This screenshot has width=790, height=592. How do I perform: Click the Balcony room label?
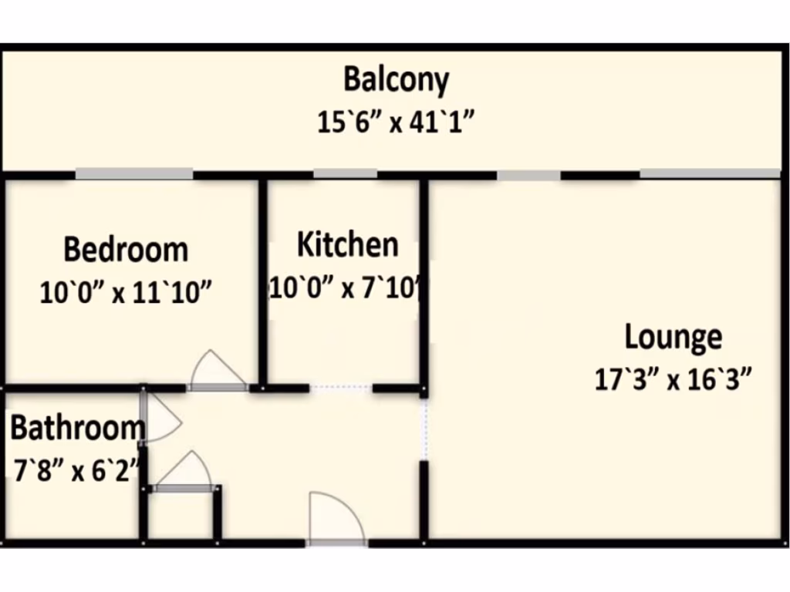point(396,80)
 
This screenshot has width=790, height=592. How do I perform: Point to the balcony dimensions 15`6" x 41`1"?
point(394,122)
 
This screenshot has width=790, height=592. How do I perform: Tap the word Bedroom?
point(126,250)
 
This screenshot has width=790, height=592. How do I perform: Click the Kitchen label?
point(348,244)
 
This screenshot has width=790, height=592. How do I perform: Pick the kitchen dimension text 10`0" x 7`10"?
point(346,288)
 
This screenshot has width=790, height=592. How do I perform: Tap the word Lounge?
point(673,338)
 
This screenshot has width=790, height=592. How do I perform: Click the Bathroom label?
point(76,427)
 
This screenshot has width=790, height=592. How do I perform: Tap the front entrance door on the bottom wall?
point(336,518)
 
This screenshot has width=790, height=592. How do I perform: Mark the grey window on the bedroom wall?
point(133,174)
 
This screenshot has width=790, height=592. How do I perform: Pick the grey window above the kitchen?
point(345,174)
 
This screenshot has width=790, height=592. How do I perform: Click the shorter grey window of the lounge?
point(528,176)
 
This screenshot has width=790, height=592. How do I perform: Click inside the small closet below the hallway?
point(181,515)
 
